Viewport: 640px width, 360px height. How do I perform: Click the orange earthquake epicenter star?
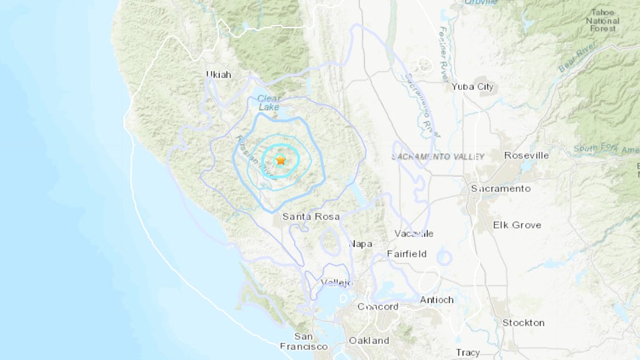click(281, 161)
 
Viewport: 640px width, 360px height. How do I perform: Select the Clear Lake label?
click(269, 103)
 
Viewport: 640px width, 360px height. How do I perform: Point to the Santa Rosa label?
click(310, 216)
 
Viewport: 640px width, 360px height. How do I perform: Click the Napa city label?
click(361, 244)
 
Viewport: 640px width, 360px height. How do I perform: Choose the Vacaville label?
click(414, 234)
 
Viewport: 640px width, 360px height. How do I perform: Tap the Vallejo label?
click(336, 282)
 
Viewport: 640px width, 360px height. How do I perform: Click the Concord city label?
click(377, 306)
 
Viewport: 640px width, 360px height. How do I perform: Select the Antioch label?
click(437, 300)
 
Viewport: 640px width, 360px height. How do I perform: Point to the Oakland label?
click(369, 341)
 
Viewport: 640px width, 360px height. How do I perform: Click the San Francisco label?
click(304, 341)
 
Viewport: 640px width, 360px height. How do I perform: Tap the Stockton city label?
click(523, 322)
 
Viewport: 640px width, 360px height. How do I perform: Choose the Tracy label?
click(467, 352)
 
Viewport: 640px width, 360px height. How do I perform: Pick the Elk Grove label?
click(517, 224)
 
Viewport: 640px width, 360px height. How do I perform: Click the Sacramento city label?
click(500, 188)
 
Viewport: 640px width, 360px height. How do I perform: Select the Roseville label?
click(527, 155)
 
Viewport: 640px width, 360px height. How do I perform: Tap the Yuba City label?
click(472, 87)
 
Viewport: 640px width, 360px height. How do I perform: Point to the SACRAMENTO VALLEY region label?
click(438, 156)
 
